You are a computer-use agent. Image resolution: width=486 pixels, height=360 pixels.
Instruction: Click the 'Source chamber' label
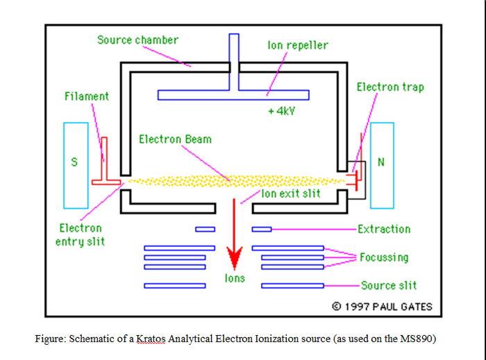[x=137, y=40]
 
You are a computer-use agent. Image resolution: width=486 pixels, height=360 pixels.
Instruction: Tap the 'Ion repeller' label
[x=298, y=45]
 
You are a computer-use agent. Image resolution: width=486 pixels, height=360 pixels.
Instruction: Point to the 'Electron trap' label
[x=389, y=87]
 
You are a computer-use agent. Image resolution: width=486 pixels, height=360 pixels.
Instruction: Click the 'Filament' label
[x=87, y=96]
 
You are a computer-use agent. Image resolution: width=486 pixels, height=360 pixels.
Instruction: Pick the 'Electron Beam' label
[x=175, y=139]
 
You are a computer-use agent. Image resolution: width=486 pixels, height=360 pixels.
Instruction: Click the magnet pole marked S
[x=76, y=165]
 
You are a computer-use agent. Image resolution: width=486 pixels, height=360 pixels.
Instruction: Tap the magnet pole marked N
[x=382, y=165]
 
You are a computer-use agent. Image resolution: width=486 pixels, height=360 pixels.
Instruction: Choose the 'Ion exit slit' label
[x=291, y=194]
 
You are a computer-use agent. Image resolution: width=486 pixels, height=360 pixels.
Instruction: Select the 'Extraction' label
[x=384, y=229]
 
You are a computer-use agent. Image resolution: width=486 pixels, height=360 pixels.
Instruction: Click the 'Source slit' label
[x=389, y=285]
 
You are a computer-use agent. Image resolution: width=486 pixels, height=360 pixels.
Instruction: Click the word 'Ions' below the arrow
[x=235, y=278]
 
